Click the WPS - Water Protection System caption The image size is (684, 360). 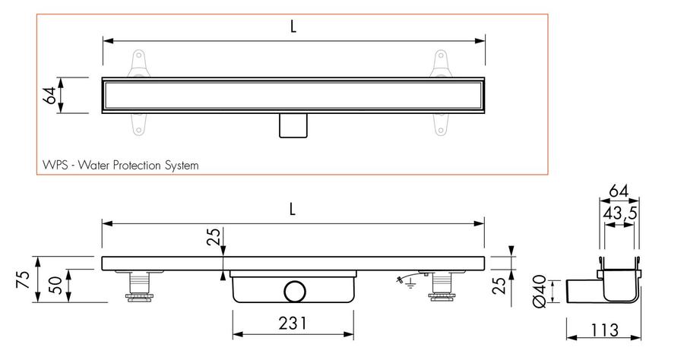120,165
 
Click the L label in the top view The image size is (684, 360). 293,27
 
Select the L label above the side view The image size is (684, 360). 293,210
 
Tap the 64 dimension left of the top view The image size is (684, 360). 49,96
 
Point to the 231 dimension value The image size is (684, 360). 293,324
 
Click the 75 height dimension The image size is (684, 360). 23,279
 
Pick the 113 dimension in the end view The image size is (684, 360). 605,330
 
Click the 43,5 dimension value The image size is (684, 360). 620,213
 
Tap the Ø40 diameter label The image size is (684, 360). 540,291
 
